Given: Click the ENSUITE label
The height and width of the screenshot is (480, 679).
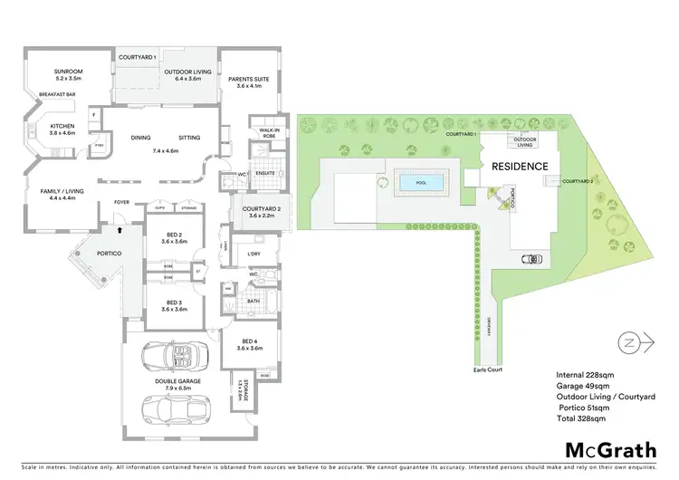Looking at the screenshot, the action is (264, 171).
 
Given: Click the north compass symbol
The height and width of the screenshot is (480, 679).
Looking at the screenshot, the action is (632, 343).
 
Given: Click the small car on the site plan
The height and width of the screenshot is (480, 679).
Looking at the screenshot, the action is (531, 259).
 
